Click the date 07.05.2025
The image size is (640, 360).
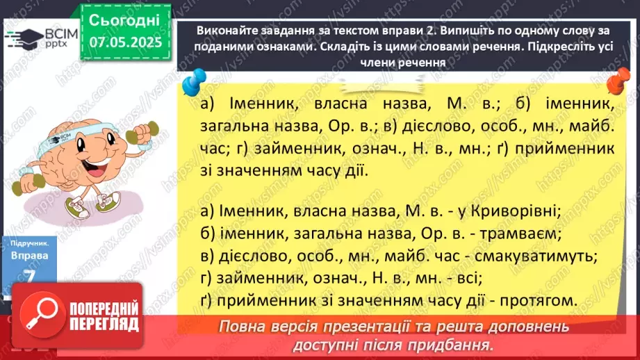(x=125, y=42)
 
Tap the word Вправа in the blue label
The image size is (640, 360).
(x=28, y=256)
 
